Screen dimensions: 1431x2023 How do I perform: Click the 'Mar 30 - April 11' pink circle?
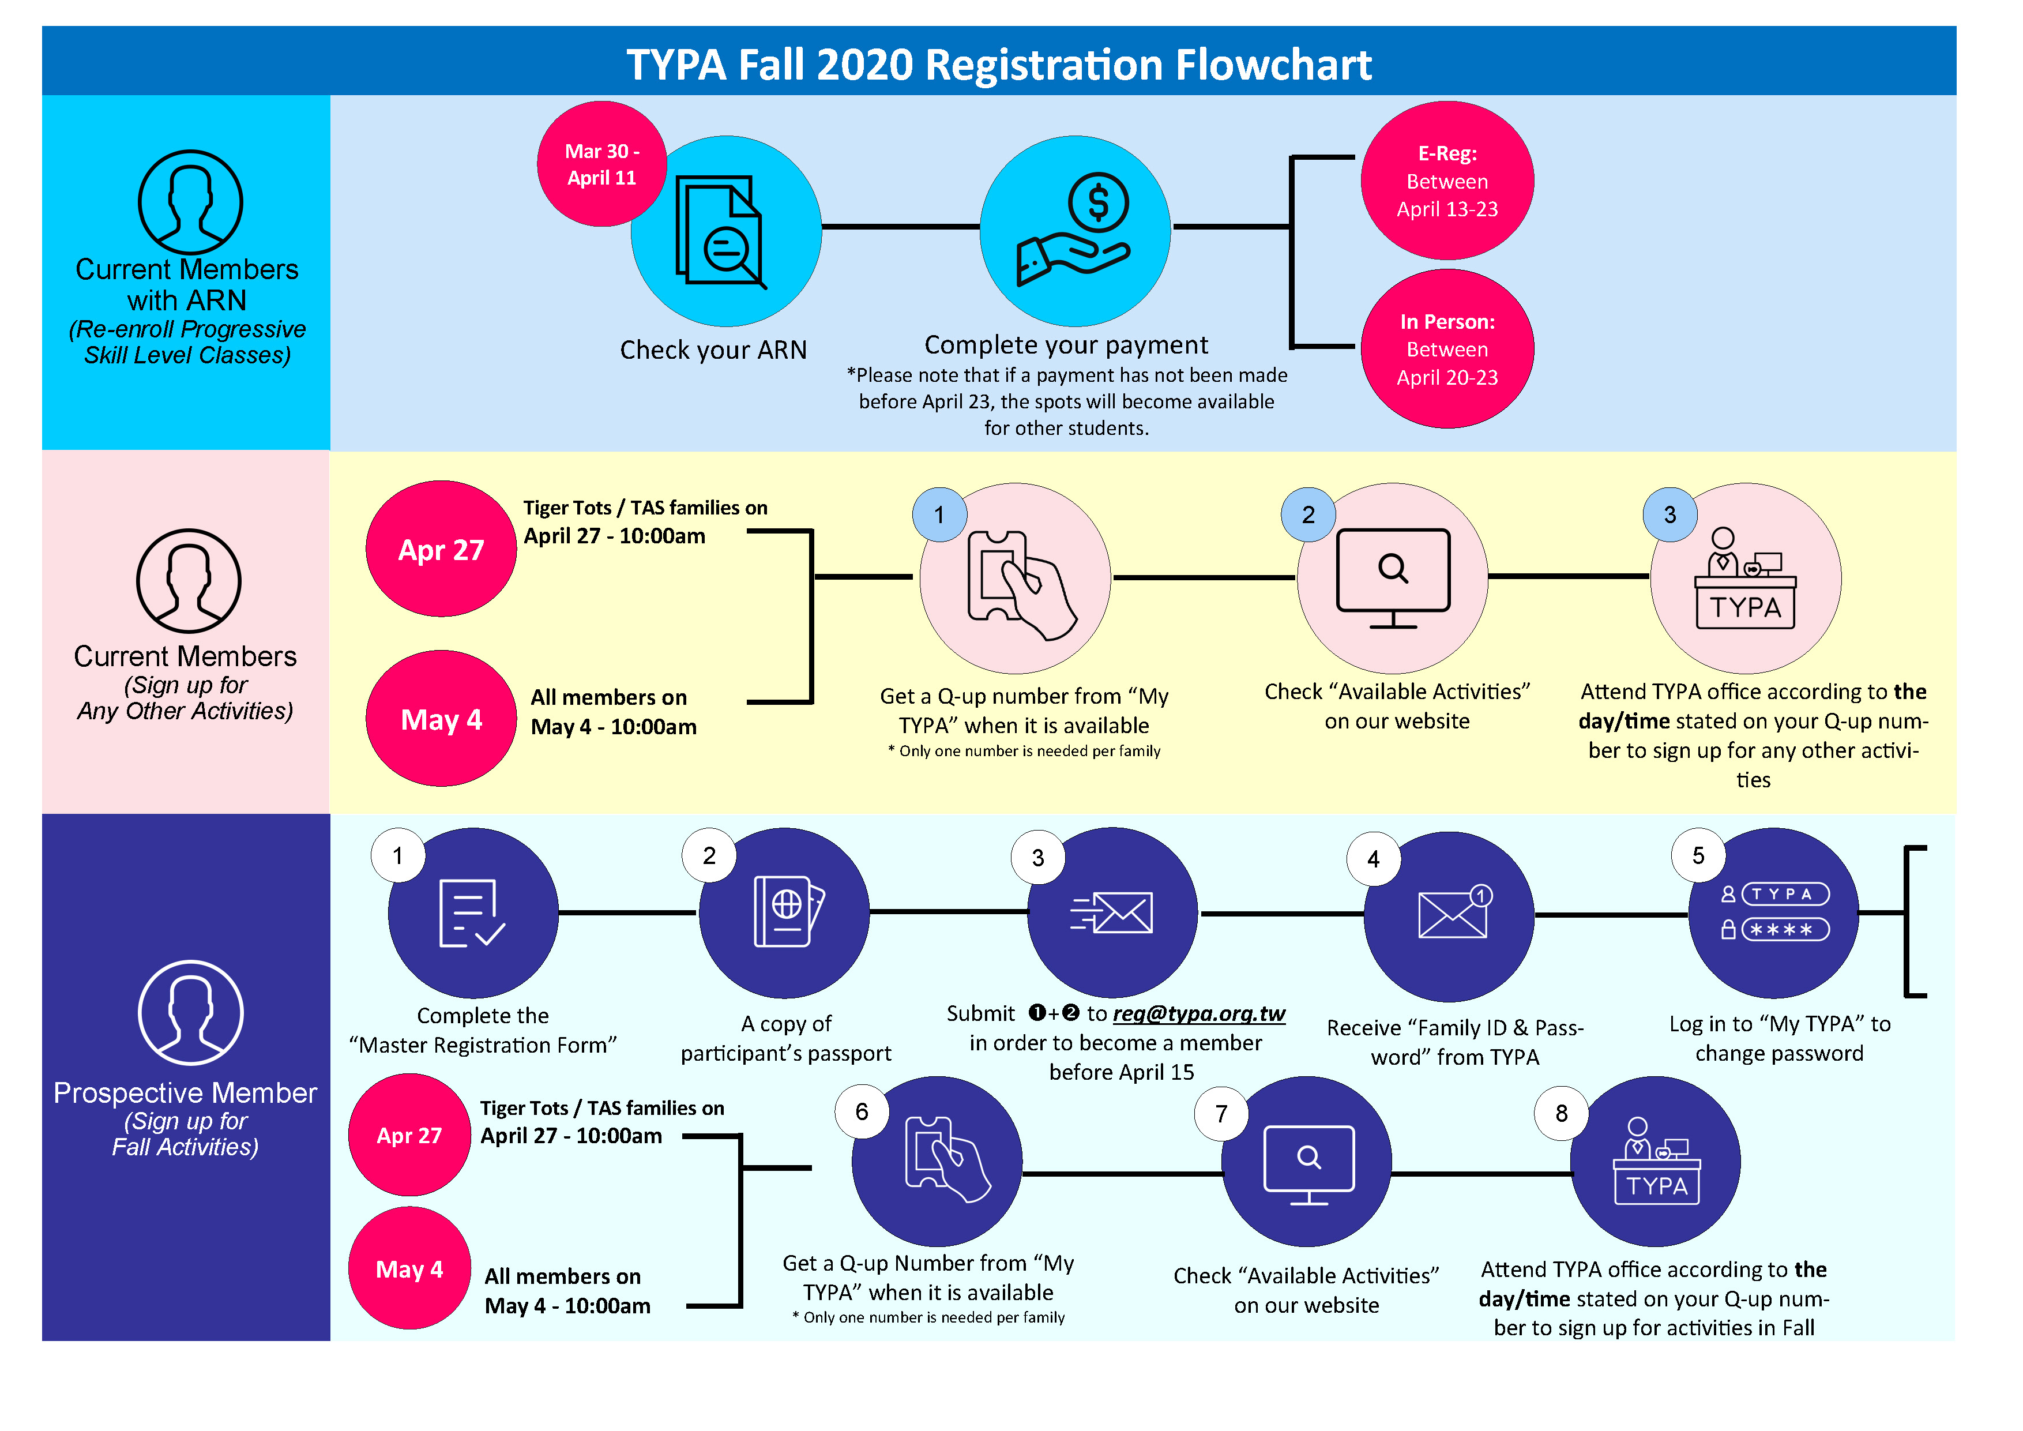pos(602,164)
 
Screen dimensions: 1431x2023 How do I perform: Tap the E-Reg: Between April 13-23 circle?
pos(1447,181)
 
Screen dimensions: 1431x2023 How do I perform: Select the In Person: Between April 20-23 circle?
pos(1447,349)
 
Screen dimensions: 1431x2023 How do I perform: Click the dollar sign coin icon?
pos(1098,202)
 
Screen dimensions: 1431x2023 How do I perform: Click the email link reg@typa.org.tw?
pos(1198,1013)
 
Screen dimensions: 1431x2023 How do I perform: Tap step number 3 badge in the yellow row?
pos(1669,514)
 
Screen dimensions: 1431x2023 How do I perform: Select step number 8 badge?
pos(1561,1114)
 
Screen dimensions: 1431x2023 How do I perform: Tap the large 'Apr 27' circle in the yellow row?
pos(441,550)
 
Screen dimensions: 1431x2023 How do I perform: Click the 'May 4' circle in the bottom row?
pos(409,1269)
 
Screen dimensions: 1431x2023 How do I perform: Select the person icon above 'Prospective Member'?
pos(190,1013)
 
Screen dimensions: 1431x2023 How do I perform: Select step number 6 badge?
pos(862,1112)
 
